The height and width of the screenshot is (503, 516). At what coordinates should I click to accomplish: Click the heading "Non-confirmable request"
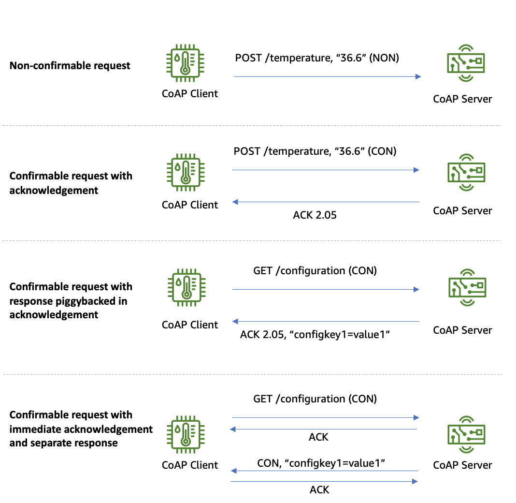click(70, 66)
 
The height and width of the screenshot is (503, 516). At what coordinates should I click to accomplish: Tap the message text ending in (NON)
click(317, 58)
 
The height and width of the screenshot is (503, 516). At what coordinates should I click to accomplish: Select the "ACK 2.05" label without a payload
click(315, 215)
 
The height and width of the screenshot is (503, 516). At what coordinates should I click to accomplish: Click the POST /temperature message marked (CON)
click(315, 151)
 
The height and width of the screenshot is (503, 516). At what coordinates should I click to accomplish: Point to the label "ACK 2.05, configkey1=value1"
click(315, 335)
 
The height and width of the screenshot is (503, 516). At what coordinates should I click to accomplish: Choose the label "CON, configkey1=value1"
click(321, 463)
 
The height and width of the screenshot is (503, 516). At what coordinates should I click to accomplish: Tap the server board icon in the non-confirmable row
click(465, 61)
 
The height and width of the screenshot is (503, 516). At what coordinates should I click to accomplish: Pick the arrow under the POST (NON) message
click(328, 76)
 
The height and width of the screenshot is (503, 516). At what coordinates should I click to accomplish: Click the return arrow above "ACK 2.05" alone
click(326, 202)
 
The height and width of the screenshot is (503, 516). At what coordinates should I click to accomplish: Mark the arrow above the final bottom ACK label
click(324, 481)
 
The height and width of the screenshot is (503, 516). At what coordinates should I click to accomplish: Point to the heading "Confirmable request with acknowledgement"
click(71, 183)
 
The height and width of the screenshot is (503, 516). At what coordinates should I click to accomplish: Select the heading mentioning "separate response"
click(81, 429)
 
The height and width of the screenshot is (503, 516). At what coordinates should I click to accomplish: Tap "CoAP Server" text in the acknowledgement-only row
click(463, 210)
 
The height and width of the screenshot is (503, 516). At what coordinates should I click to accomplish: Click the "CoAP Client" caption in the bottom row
click(190, 465)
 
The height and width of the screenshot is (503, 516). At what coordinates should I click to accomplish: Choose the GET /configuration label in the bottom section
click(315, 399)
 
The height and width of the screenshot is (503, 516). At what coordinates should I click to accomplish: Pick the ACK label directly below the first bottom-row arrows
click(318, 437)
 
